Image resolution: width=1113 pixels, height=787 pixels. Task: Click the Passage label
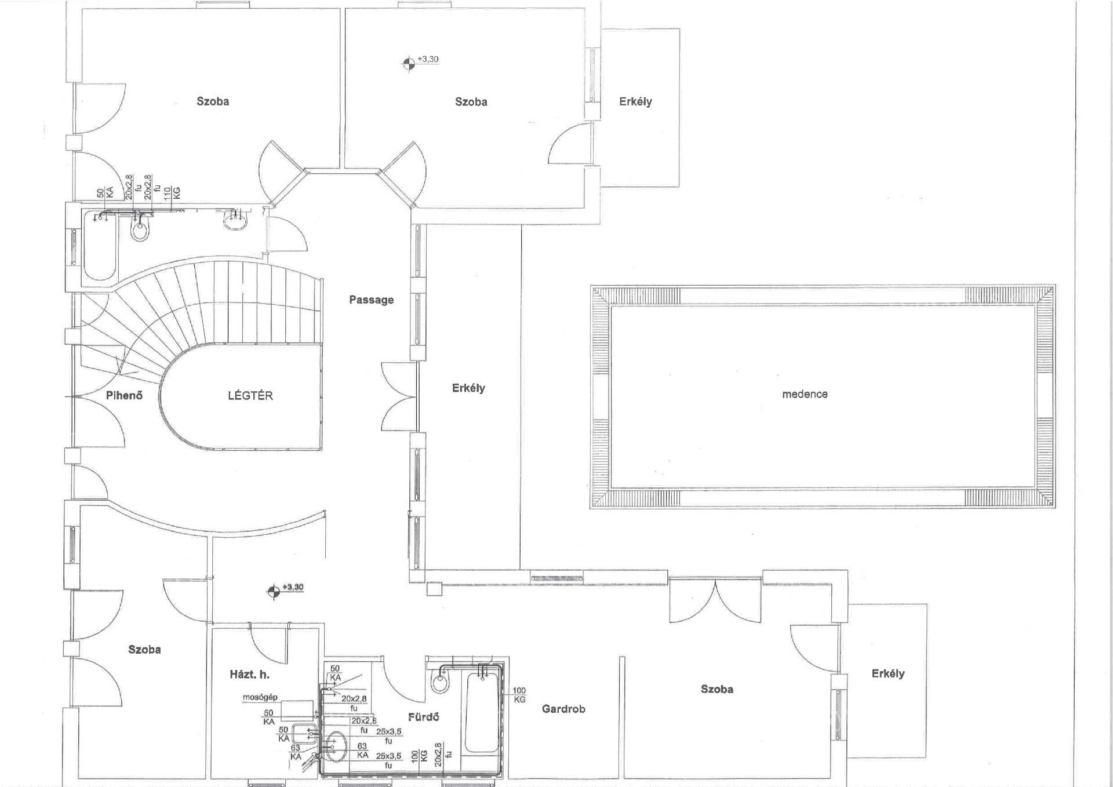pos(371,300)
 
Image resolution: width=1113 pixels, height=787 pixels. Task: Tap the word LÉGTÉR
pos(250,395)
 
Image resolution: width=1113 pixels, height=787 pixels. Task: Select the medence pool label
pos(805,394)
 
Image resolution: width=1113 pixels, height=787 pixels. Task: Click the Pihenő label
pos(124,395)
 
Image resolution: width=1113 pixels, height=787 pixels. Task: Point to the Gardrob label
pos(563,709)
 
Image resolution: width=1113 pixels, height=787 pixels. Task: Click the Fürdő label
pos(423,717)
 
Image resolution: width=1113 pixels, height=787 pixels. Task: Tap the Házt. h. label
pos(249,675)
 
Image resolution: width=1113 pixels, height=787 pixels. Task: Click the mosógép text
pos(260,697)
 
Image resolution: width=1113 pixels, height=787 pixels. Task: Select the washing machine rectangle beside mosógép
pos(297,710)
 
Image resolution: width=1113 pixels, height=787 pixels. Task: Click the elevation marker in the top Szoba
pos(409,63)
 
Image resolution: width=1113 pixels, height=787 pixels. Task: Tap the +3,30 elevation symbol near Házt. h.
pos(273,591)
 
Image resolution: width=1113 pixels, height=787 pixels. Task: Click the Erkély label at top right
pos(635,101)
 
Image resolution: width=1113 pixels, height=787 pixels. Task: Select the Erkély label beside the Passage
pos(468,388)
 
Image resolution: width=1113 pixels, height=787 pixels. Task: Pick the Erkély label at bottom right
pos(888,673)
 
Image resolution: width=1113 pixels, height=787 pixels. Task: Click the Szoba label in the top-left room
pos(213,101)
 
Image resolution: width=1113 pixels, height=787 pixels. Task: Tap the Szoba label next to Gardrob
pos(717,689)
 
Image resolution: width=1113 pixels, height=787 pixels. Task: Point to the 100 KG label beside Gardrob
pos(519,695)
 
